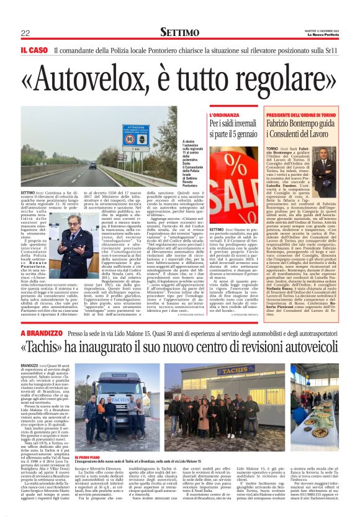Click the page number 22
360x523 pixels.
tap(25, 33)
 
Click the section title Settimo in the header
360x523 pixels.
tap(179, 32)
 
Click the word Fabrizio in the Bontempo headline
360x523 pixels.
tap(284, 124)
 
